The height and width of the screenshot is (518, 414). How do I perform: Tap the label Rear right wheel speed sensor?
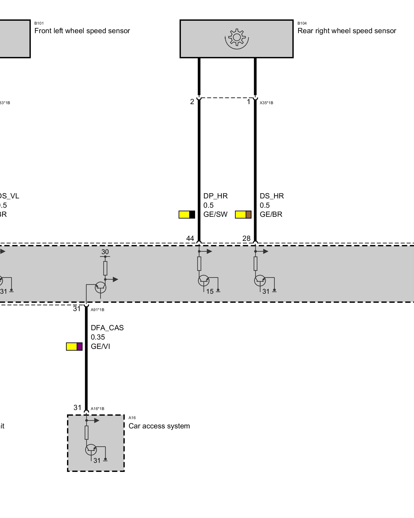(x=347, y=31)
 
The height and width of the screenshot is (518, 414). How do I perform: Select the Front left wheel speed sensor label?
(x=82, y=31)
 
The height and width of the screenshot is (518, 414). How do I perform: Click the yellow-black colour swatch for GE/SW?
(x=187, y=214)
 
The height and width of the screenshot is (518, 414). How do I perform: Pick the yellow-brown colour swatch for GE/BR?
(x=243, y=214)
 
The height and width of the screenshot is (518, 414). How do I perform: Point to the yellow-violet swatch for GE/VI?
(x=74, y=347)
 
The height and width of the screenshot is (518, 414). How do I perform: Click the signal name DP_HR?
(x=216, y=196)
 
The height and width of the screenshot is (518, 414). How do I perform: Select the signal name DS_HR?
(x=272, y=196)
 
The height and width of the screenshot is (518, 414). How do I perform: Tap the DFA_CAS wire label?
(x=107, y=328)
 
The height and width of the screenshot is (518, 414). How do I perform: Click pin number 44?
(x=190, y=238)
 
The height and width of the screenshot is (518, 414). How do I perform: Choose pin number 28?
(x=246, y=238)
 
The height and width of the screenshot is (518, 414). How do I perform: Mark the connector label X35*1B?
(x=267, y=103)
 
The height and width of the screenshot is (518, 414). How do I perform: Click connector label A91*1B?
(x=98, y=310)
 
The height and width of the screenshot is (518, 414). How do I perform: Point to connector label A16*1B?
(x=98, y=409)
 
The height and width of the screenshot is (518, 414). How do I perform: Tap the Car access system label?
(x=159, y=426)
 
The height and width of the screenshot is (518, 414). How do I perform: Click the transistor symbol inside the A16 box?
(x=91, y=450)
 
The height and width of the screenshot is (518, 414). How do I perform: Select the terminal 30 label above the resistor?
(x=105, y=252)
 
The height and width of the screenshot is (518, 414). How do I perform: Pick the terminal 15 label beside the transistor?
(x=210, y=291)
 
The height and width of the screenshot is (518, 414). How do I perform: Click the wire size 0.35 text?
(x=98, y=337)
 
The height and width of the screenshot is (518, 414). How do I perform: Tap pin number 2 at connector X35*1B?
(x=192, y=102)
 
